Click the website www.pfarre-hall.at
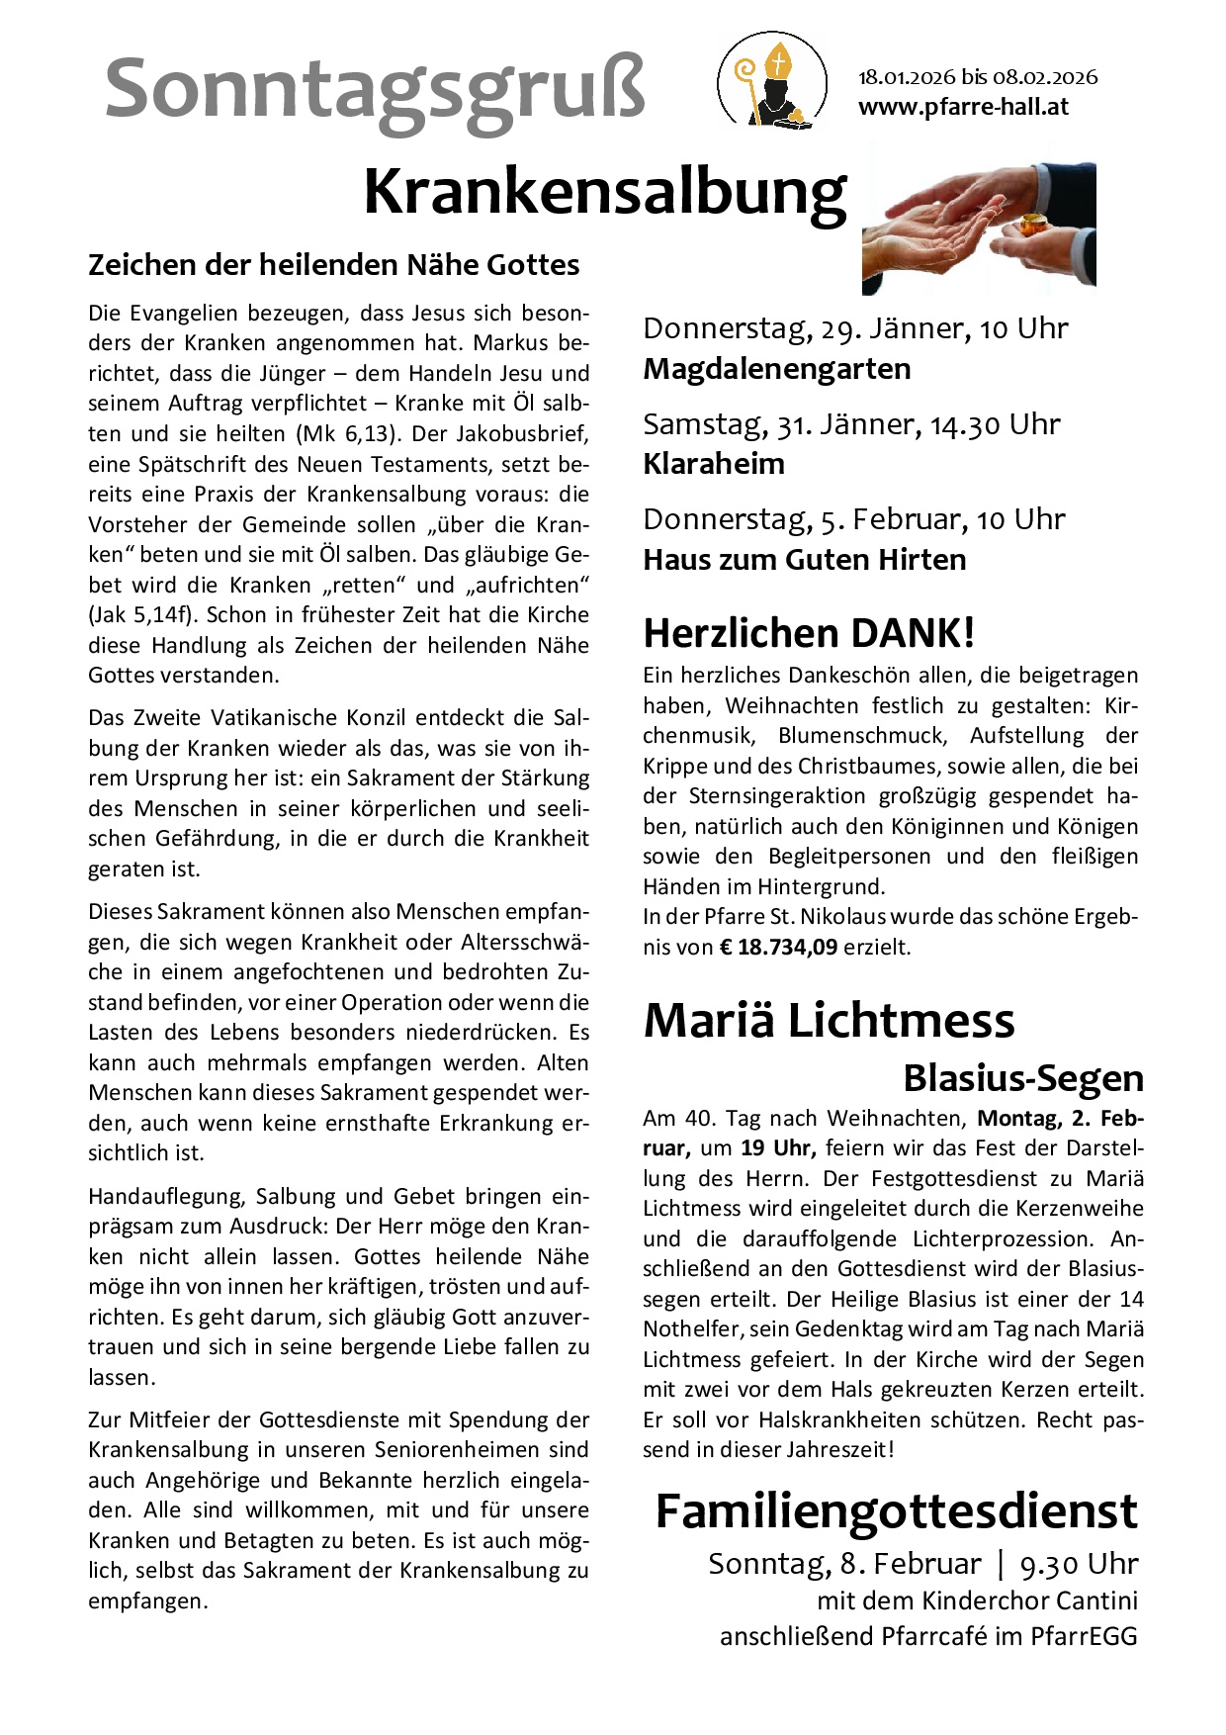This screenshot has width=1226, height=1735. (963, 107)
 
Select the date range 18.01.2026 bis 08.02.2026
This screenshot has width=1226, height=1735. (977, 77)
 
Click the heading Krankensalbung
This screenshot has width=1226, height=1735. (605, 193)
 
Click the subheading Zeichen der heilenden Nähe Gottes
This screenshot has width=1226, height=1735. (334, 265)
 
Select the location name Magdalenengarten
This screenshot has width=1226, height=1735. (777, 369)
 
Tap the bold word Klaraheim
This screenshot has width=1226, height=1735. (714, 464)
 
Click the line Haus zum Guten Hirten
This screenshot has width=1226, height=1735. (805, 560)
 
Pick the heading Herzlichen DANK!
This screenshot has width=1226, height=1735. (809, 633)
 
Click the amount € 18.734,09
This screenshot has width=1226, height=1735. (778, 947)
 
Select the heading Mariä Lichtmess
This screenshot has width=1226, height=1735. (829, 1021)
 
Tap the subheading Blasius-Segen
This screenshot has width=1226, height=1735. (1023, 1078)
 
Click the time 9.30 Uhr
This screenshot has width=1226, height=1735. (1079, 1564)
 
